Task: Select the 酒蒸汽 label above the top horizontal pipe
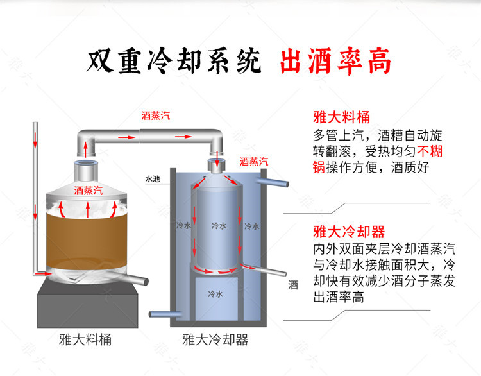point(156,116)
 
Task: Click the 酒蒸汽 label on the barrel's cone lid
point(89,190)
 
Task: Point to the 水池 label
point(152,179)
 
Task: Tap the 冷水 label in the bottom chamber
point(215,295)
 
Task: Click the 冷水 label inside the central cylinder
point(219,226)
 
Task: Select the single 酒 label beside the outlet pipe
point(293,286)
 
